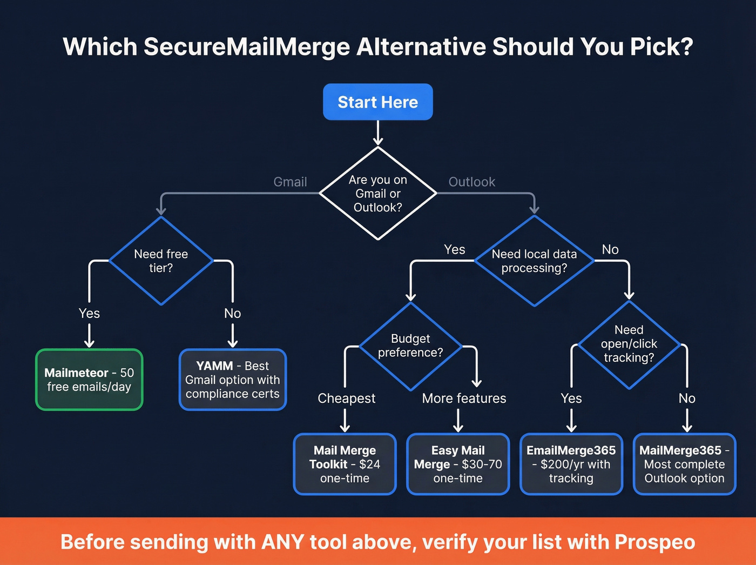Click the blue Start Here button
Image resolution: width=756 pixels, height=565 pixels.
point(377,102)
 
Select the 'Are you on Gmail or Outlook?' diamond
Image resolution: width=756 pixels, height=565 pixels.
point(377,194)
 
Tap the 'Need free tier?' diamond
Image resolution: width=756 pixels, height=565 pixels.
point(161,261)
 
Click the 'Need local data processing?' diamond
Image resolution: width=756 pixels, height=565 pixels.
point(534,261)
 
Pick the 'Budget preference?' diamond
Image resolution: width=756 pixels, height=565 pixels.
point(410,346)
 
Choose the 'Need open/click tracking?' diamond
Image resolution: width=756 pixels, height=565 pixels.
point(629,344)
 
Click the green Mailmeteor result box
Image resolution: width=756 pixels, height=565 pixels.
point(89,380)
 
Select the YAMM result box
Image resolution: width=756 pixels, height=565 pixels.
point(232,380)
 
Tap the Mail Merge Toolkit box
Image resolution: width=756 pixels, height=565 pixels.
point(345,464)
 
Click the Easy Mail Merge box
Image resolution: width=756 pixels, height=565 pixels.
point(458,464)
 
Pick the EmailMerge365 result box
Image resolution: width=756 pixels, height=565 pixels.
point(571,464)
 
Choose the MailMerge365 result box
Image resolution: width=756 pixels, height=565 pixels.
point(684,464)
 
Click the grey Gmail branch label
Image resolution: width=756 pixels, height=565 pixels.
point(290,182)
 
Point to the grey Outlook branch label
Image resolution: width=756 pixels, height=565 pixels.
point(471,182)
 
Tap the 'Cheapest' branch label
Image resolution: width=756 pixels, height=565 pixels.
point(346,398)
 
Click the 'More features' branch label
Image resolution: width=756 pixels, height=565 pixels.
point(464,398)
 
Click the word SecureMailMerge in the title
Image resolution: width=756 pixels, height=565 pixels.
point(247,47)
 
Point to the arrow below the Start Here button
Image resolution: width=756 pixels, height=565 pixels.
point(378,133)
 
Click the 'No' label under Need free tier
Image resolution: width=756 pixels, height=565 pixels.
point(232,314)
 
